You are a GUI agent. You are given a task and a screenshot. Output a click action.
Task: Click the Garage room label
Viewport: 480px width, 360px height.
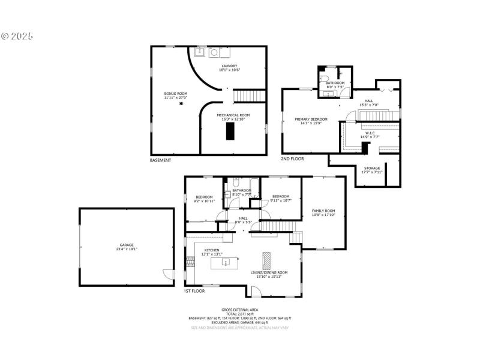(127, 247)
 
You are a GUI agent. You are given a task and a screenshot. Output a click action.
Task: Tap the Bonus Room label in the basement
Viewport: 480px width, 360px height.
(176, 95)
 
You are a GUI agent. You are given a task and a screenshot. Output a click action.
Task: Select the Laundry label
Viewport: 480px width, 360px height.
(229, 68)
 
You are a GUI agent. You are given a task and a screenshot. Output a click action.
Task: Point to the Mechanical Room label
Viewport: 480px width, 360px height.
(233, 116)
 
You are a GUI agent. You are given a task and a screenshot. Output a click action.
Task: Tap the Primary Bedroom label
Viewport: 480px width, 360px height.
(311, 121)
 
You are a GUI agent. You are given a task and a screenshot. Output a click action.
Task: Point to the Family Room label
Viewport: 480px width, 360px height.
(323, 213)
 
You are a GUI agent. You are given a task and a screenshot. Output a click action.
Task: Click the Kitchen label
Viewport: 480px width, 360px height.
(212, 252)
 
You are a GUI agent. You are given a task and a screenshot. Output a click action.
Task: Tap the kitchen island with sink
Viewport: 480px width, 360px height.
(223, 262)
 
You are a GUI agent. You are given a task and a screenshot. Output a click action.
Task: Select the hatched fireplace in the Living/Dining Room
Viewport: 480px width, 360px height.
(266, 260)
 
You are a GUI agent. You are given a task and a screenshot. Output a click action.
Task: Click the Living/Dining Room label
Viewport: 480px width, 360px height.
(269, 274)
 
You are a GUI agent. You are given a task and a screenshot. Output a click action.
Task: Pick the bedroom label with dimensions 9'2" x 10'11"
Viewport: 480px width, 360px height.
(204, 199)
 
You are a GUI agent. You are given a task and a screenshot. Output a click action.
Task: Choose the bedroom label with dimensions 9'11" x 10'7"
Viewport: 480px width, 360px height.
(281, 199)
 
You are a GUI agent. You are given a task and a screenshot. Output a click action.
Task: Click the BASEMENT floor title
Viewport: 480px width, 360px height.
(160, 160)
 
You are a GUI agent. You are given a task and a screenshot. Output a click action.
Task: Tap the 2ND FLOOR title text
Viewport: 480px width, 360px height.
(293, 159)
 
